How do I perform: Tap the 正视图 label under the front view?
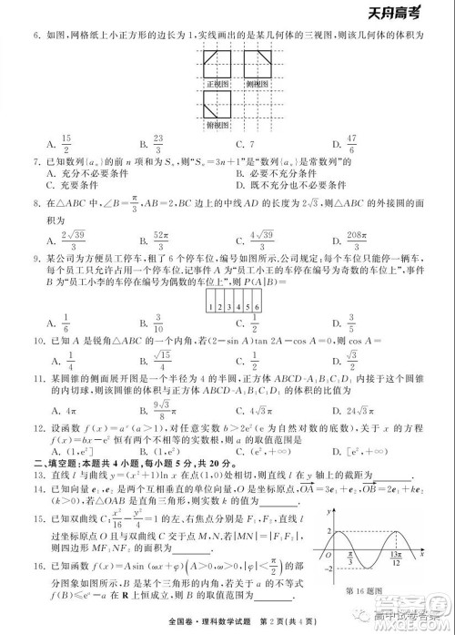pyautogui.click(x=217, y=83)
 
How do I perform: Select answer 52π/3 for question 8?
pyautogui.click(x=163, y=236)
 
